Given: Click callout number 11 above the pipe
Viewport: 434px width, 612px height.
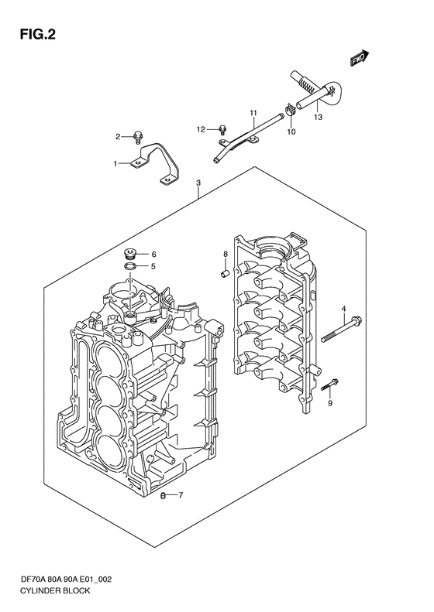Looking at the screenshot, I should [x=253, y=114].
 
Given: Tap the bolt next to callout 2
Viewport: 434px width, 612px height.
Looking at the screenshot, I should [x=137, y=137].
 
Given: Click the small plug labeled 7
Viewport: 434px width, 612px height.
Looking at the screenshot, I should [x=164, y=496].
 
